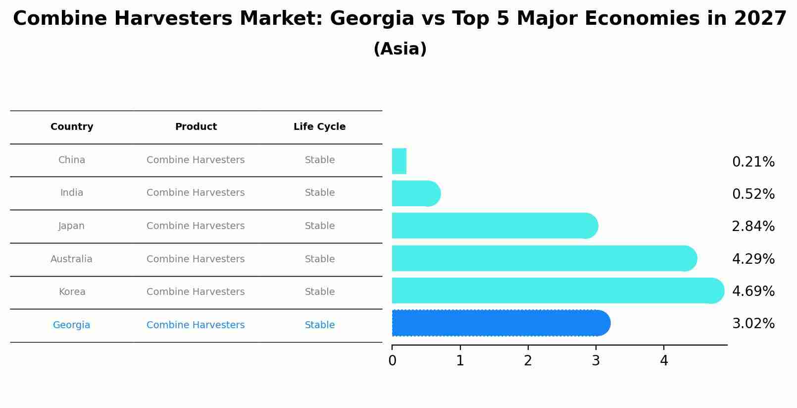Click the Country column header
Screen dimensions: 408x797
72,127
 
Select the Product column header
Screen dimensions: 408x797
196,127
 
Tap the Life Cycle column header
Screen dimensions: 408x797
319,127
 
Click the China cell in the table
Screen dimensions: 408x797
72,160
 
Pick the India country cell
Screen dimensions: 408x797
72,193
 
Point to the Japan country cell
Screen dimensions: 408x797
72,226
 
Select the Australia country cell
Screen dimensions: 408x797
71,259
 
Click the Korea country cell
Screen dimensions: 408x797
72,292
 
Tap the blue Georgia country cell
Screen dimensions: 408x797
71,325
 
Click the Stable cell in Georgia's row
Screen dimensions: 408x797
320,325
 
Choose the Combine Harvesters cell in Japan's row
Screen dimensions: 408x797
196,226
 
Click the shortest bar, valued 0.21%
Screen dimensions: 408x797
399,161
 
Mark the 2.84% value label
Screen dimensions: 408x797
753,227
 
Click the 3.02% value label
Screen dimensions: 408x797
753,324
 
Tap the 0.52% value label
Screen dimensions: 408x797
753,194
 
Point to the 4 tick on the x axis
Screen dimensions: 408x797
664,361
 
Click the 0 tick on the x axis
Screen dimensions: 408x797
393,361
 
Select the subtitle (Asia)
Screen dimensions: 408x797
400,49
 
